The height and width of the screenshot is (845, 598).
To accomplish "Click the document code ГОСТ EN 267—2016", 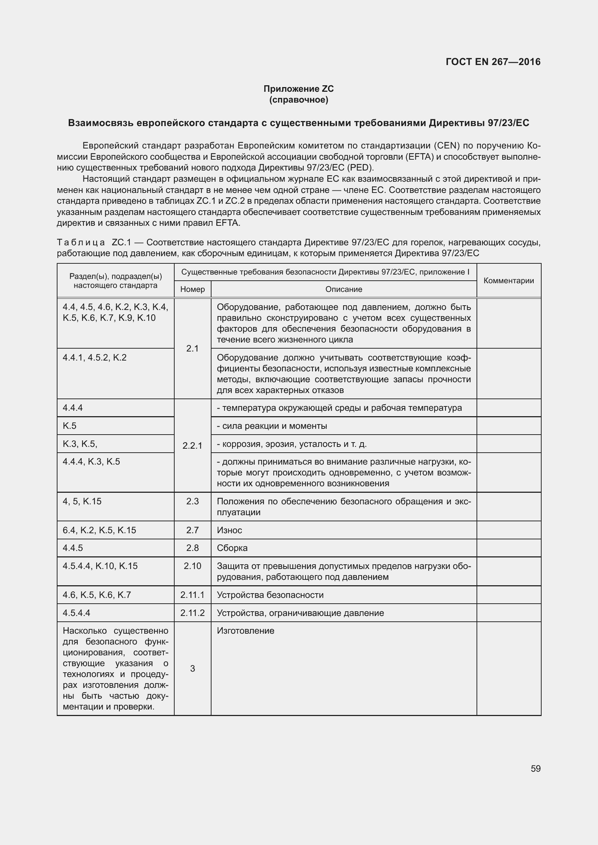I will (493, 62).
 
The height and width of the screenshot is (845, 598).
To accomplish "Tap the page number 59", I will (535, 768).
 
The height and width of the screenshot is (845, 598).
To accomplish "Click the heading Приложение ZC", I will (298, 89).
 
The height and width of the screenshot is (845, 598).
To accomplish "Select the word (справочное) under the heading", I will (298, 100).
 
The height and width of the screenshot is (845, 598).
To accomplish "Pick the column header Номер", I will (192, 289).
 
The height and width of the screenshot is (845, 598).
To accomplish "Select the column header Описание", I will (343, 289).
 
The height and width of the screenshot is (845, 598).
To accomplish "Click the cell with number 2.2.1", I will (192, 446).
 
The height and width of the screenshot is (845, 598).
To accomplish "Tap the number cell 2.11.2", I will (192, 613).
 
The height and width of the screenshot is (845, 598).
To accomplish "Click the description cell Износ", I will (230, 530).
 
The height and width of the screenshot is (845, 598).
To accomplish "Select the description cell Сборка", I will (232, 548).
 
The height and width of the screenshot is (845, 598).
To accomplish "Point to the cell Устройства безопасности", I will (270, 595).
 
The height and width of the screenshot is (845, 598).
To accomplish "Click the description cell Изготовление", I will (245, 631).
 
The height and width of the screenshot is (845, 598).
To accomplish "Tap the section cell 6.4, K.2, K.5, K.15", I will (99, 530).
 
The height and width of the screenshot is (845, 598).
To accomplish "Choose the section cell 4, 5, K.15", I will (82, 501).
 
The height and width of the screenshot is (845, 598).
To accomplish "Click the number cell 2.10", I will (192, 566).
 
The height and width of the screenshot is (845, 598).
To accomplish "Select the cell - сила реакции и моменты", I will (272, 426).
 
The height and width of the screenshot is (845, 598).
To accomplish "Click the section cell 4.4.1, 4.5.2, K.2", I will (95, 357).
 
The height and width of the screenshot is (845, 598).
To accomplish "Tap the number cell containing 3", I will (192, 668).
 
